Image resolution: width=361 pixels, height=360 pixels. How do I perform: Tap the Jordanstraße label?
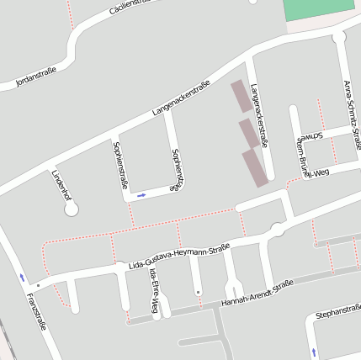(35, 77)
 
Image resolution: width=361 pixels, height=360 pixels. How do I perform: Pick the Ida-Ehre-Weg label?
(154, 292)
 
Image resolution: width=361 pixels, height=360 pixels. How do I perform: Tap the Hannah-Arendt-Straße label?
(257, 292)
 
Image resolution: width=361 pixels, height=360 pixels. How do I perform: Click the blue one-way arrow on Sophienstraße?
(141, 195)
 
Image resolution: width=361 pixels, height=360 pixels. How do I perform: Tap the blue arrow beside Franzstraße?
(22, 278)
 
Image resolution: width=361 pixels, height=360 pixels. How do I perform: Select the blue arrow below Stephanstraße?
(313, 352)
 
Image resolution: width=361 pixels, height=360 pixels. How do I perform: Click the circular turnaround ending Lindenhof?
(71, 209)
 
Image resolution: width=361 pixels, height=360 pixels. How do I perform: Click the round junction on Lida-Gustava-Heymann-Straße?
(276, 230)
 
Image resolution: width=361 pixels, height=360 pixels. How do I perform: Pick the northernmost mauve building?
(241, 96)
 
